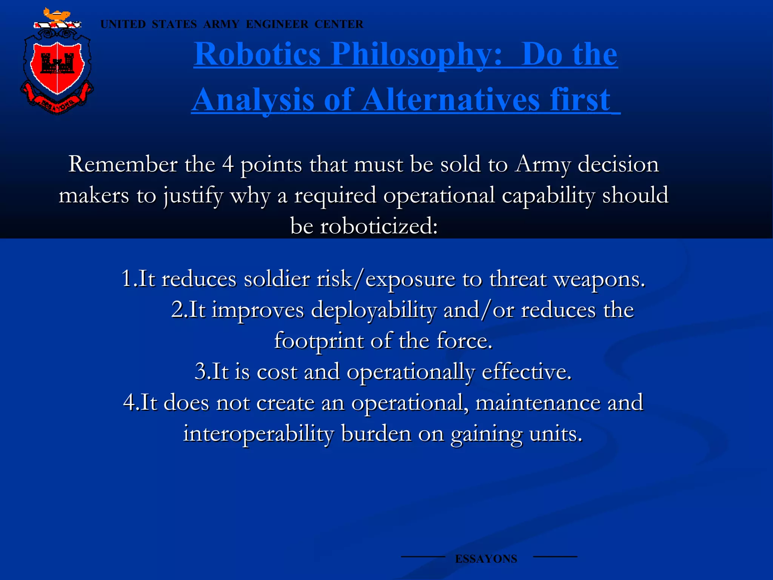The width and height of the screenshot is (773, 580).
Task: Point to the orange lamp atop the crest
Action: click(57, 15)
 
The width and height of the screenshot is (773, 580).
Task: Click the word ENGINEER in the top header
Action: click(277, 24)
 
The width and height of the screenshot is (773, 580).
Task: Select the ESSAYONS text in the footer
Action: click(486, 559)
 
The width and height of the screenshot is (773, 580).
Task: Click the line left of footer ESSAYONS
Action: click(423, 557)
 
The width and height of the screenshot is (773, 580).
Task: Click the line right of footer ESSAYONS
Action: click(555, 557)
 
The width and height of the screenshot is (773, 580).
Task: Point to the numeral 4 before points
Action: click(228, 165)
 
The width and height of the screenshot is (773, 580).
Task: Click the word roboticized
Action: click(379, 227)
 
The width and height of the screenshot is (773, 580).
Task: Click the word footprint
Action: click(319, 341)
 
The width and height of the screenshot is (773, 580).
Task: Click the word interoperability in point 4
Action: click(258, 433)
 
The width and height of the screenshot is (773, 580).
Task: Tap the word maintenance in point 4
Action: click(537, 403)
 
